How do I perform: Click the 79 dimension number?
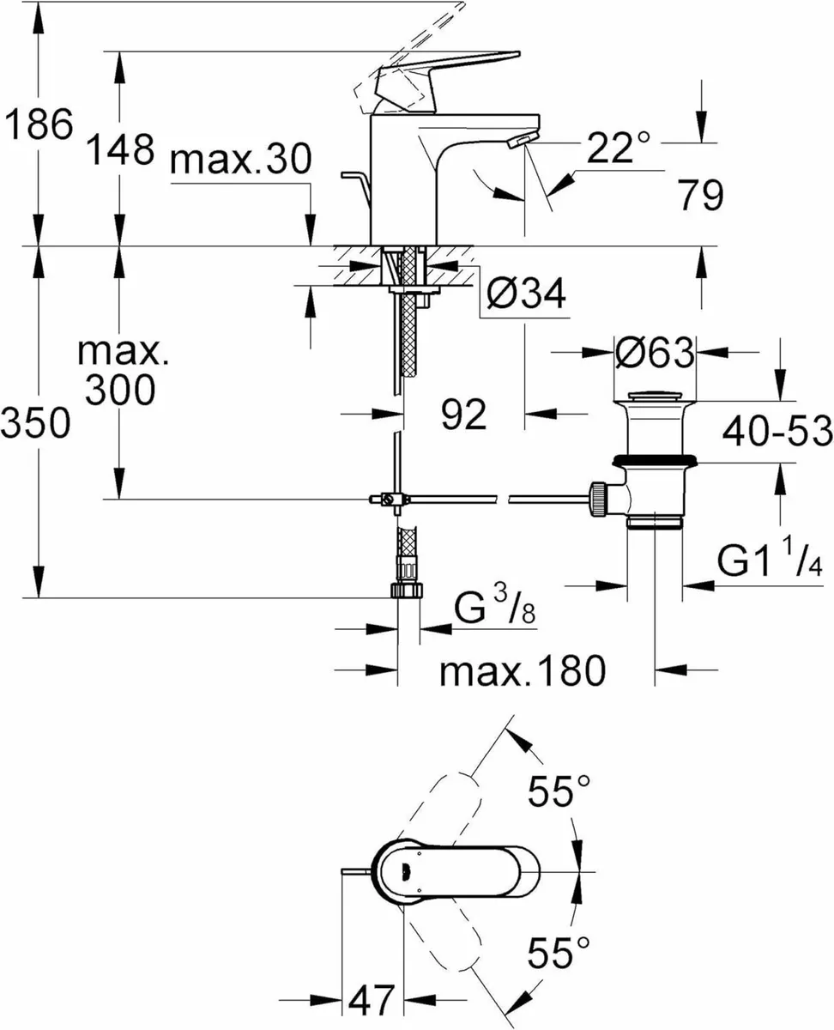[x=700, y=197]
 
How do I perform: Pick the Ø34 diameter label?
[x=526, y=295]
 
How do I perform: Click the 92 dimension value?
[x=464, y=415]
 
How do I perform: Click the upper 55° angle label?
[x=559, y=791]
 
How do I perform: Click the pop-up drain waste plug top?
[x=655, y=397]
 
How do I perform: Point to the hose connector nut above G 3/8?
[x=403, y=589]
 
